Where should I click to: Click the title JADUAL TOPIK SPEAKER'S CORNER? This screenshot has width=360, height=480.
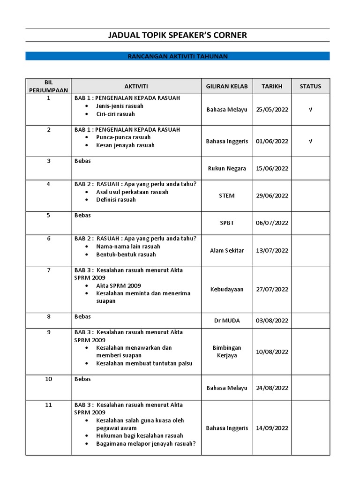coord(177,35)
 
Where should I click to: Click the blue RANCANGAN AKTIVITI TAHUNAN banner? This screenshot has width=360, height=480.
coord(177,56)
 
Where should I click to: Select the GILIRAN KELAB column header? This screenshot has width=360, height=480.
coord(227,86)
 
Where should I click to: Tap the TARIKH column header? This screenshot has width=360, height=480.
coord(272,86)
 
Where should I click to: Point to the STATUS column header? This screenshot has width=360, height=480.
coord(310,86)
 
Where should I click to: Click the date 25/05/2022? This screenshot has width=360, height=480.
coord(272,110)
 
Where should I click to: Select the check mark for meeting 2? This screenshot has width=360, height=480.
coord(310,141)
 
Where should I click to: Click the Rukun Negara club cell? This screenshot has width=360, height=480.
coord(227,169)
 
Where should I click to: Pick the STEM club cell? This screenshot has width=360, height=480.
coord(227,196)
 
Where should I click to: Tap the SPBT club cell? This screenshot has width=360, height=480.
coord(227,223)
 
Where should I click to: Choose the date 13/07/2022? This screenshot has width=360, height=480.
coord(272,251)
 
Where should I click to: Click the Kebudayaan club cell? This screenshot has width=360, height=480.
coord(227,290)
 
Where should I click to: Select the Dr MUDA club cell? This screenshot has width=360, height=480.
coord(227,321)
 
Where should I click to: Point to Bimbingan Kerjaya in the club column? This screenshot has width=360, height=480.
coord(227,352)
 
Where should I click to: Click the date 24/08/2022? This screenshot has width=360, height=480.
coord(272,388)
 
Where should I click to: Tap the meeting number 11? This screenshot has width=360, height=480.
coord(48,405)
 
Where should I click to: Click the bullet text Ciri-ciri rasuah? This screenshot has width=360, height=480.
coord(115,114)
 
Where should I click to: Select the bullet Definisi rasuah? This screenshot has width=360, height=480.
coord(116,200)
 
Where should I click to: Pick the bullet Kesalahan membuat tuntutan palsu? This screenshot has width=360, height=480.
coord(144,363)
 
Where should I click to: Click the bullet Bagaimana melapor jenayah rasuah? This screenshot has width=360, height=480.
coord(146,443)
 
